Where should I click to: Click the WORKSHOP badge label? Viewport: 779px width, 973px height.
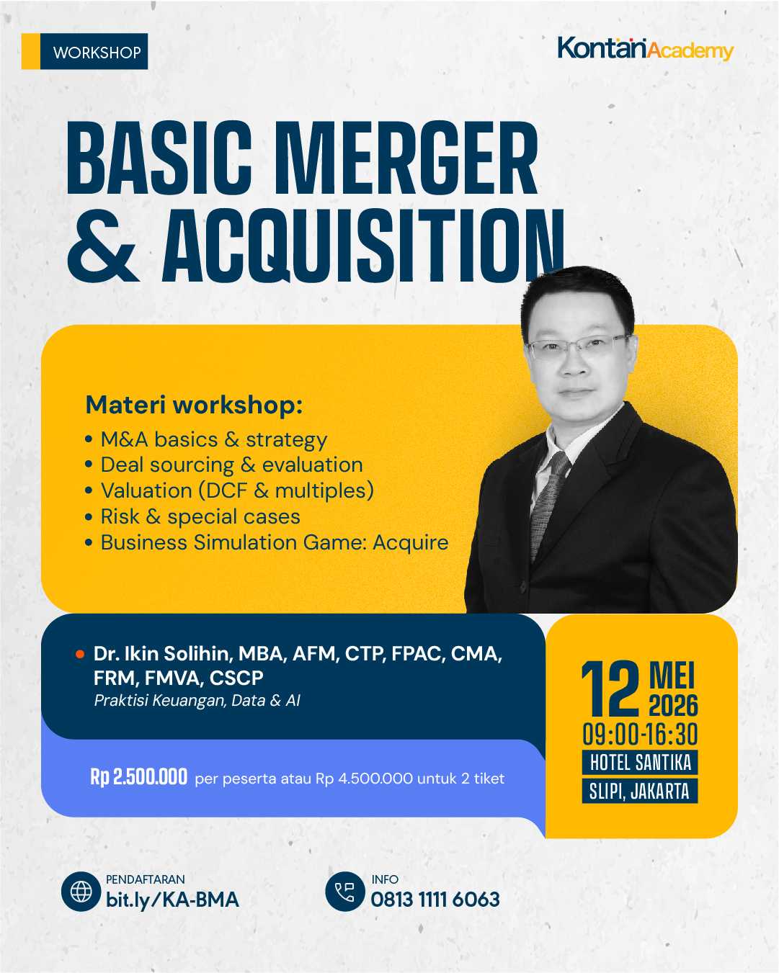point(97,53)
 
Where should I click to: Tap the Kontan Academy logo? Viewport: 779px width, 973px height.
point(645,49)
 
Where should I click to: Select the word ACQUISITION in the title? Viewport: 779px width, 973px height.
point(363,246)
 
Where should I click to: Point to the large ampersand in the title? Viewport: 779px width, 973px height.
point(102,246)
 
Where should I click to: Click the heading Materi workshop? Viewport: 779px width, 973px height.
point(194,405)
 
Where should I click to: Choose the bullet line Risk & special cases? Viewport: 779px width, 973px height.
point(200,516)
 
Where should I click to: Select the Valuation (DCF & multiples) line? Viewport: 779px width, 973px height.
point(236,490)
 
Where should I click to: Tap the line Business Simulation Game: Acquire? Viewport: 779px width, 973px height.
point(274,542)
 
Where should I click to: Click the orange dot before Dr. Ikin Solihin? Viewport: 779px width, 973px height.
point(80,654)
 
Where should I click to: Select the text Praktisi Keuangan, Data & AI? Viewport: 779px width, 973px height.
point(197,700)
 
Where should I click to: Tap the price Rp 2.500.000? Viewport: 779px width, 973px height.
point(138,777)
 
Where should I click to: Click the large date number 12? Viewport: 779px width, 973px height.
point(610,689)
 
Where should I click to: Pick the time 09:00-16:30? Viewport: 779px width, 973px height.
point(640,735)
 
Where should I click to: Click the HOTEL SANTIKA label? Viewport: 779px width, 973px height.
point(640,763)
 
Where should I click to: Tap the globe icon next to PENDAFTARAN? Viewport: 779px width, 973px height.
point(81,892)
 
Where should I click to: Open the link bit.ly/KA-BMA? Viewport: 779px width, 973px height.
point(172,900)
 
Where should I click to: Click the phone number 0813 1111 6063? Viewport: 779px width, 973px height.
point(435,900)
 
